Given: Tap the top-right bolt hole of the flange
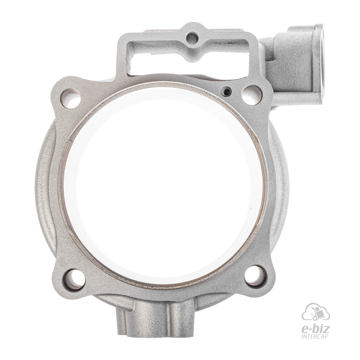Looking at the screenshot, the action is [x=252, y=94].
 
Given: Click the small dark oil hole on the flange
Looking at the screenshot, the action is [x=226, y=91].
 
